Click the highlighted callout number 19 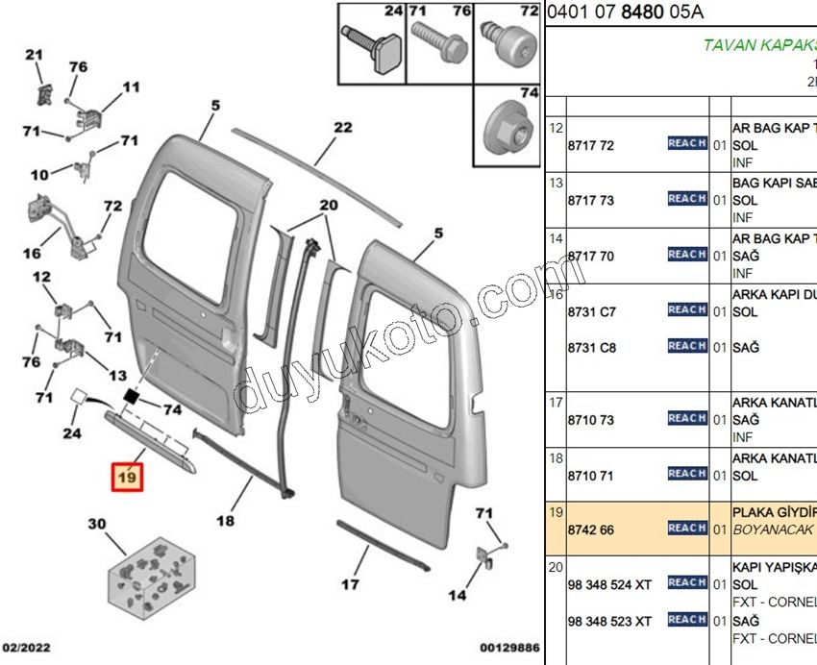coord(128,476)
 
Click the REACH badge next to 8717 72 coord(686,143)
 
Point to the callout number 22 coord(342,128)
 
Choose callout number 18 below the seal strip coord(225,521)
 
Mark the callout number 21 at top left coord(35,56)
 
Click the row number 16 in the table coord(556,294)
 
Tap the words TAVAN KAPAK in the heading coord(759,45)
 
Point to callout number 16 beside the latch coord(31,254)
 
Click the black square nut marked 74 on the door coord(132,395)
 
